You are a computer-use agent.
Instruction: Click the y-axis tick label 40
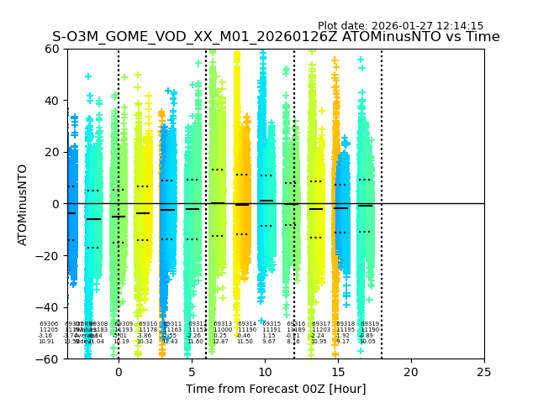tap(52, 101)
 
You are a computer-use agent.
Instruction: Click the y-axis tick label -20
tap(49, 256)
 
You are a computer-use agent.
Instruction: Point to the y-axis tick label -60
tap(49, 359)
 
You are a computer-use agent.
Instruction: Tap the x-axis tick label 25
tap(484, 372)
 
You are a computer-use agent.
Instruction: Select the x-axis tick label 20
tap(411, 372)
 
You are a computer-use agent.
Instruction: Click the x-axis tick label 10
tap(265, 372)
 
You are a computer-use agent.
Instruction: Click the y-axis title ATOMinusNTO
tap(23, 204)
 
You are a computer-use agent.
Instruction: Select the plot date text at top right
tap(400, 26)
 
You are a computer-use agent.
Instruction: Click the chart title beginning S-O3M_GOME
tap(275, 38)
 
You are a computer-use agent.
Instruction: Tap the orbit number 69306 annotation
tap(49, 324)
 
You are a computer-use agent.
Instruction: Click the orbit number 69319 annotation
tap(370, 324)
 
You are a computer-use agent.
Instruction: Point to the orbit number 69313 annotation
tap(223, 324)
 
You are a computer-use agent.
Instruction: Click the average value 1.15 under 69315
tap(269, 336)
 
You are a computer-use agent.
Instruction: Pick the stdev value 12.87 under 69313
tap(220, 342)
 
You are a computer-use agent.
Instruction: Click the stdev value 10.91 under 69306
tap(46, 342)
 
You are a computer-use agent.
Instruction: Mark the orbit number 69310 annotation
tap(148, 324)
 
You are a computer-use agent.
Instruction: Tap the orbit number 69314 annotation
tap(247, 324)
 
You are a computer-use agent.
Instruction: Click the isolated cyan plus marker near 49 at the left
tap(88, 76)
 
